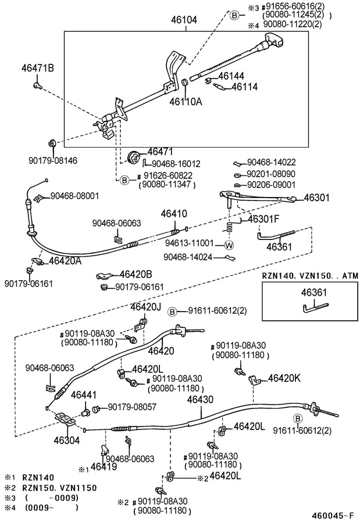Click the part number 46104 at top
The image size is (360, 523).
tap(184, 20)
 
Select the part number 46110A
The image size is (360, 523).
tap(186, 101)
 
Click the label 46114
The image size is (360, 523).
tap(245, 87)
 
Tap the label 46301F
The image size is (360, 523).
tap(264, 220)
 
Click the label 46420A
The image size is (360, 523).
tap(65, 261)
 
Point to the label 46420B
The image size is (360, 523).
tap(136, 274)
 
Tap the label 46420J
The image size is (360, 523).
tap(145, 307)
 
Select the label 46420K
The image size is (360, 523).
tap(284, 378)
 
